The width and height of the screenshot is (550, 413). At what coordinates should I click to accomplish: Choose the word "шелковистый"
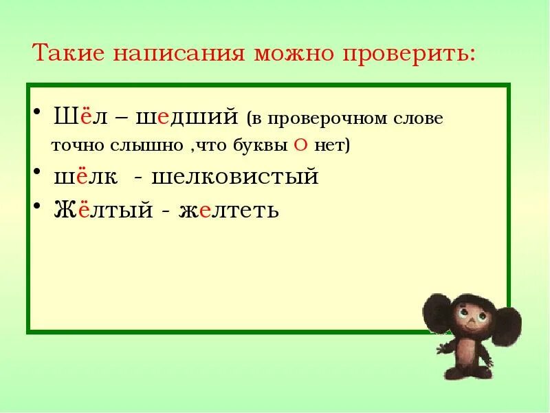(x=234, y=177)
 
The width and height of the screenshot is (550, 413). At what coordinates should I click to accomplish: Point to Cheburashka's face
(x=470, y=321)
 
